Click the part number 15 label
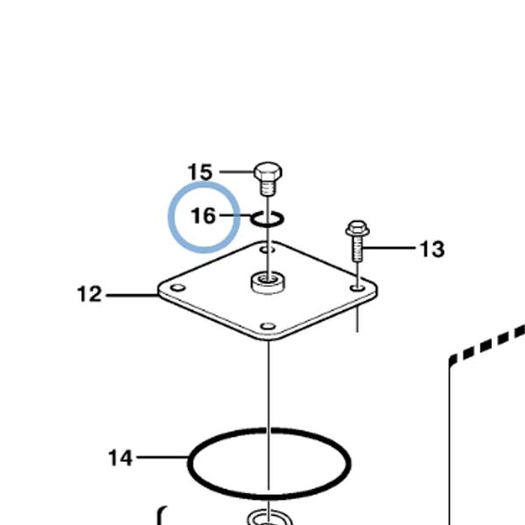pos(199,172)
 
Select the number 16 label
pos(203,215)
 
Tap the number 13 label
pos(432,249)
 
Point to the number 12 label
pos(89,294)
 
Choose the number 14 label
pos(121,458)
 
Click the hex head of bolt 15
pos(269,171)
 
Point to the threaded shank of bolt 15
pos(269,188)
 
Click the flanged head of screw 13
pos(358,228)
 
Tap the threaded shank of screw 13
pos(357,249)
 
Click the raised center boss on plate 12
pos(269,283)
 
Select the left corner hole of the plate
pos(178,288)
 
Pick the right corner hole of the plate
pos(358,288)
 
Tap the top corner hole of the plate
pos(268,249)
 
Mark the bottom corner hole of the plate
pos(268,325)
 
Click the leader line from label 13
pos(389,248)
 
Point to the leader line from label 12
pos(132,296)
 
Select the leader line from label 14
pos(163,457)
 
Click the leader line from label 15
pos(237,172)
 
